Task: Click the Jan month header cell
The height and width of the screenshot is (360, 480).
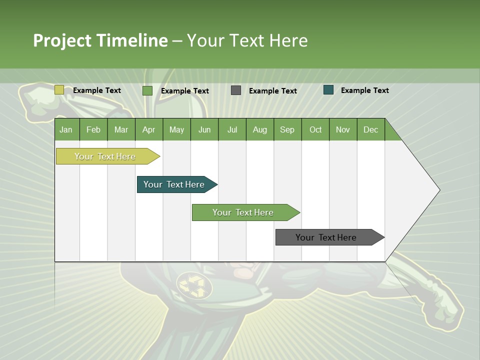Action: [x=66, y=129]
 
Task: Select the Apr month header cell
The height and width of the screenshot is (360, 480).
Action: [x=148, y=129]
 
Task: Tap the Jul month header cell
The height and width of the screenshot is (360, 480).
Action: [x=232, y=129]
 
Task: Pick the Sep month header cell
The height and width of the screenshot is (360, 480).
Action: [x=287, y=129]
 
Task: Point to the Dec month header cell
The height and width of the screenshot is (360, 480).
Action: [x=370, y=129]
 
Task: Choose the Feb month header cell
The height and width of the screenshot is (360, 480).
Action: [x=93, y=129]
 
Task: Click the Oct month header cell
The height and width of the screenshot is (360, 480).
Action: [x=315, y=129]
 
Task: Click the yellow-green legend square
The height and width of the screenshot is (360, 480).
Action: [x=59, y=90]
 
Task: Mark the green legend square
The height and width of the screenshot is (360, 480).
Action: [x=147, y=90]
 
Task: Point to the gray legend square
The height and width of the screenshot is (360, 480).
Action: [x=236, y=90]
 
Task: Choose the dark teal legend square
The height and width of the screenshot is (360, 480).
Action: [x=328, y=90]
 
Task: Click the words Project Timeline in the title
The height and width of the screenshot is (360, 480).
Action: [x=100, y=40]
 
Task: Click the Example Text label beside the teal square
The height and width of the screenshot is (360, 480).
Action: [x=364, y=90]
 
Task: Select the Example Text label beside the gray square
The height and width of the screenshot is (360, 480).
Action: [x=272, y=91]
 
